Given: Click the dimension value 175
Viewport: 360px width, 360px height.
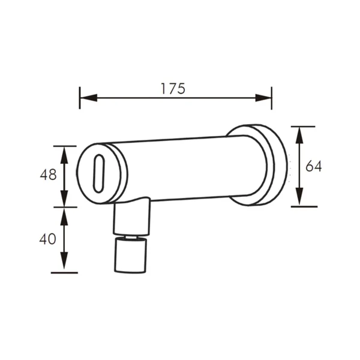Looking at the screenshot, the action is [173, 89].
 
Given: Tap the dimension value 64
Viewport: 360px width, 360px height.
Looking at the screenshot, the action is [313, 166].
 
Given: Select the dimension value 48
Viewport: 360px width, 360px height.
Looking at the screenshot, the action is [48, 175].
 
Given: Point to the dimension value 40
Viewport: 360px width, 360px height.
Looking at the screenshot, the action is [47, 239].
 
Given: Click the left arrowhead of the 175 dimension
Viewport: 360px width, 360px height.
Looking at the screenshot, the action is [89, 98].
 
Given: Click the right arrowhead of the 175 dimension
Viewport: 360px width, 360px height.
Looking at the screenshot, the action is [263, 98].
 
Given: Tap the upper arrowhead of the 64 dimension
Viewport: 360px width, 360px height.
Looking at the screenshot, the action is [299, 135].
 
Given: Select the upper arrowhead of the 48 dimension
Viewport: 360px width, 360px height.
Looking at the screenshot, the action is [64, 155].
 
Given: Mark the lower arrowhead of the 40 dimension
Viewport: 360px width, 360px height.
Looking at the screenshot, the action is [64, 260].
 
